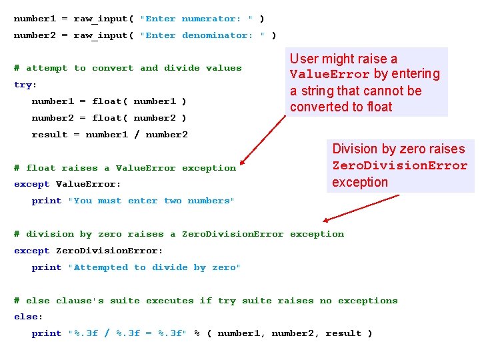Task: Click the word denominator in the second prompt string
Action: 217,35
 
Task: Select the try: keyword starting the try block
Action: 25,85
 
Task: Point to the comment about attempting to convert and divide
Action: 127,68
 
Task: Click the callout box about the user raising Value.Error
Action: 368,82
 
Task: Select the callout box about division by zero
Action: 399,165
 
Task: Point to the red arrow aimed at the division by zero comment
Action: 360,207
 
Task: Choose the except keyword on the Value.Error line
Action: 31,184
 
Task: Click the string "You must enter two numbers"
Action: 151,201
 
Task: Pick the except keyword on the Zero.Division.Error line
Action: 31,251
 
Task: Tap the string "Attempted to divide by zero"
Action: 154,267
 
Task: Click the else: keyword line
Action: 28,317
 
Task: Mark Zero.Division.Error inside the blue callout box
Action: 399,165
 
